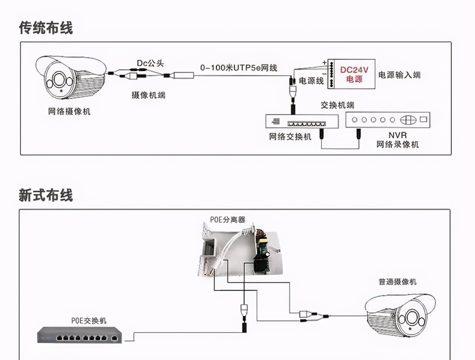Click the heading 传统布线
click(x=46, y=28)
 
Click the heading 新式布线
click(x=46, y=195)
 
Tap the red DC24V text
click(x=354, y=70)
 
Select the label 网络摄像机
click(x=69, y=111)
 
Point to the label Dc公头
click(x=150, y=63)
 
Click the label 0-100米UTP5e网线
click(x=239, y=68)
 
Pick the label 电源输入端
click(x=400, y=75)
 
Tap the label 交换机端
click(x=337, y=105)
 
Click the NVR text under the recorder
click(x=398, y=135)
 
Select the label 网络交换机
click(x=290, y=137)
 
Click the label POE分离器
click(x=228, y=220)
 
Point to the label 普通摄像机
click(x=397, y=282)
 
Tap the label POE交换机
click(x=89, y=321)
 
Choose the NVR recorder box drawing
click(x=388, y=120)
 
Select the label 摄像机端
click(x=148, y=95)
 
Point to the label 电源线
click(x=311, y=81)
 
